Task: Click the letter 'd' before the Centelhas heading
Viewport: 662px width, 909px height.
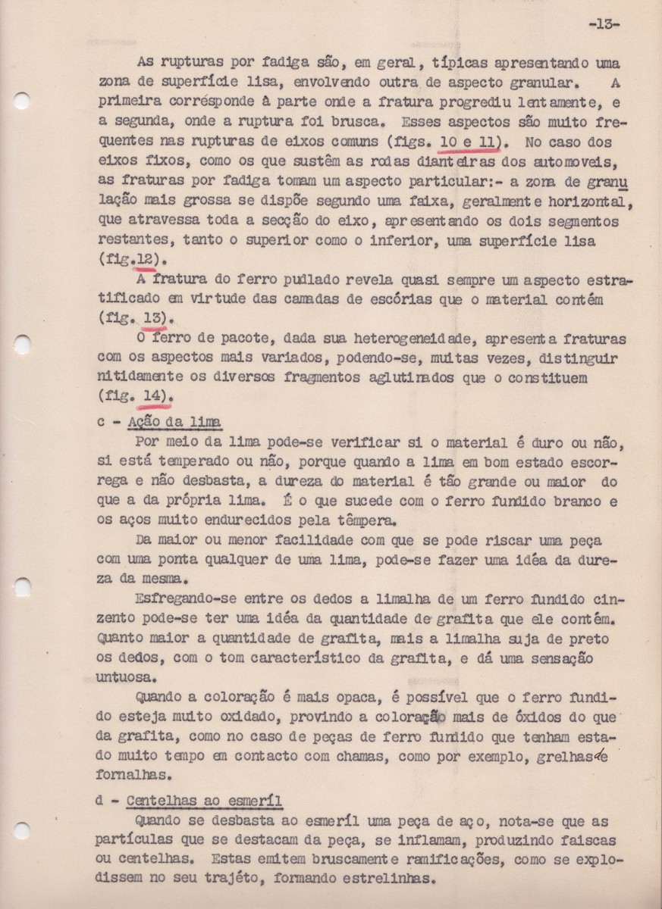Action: coord(102,801)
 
